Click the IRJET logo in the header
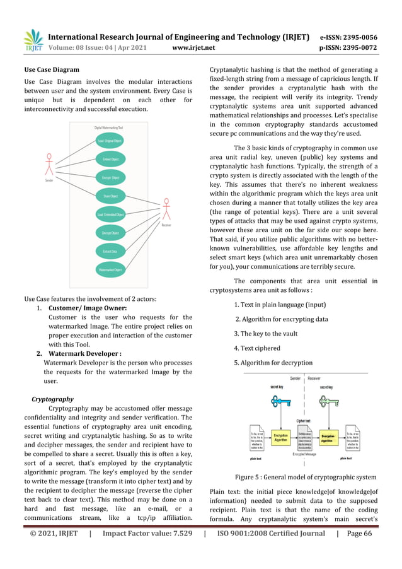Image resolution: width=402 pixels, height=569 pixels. click(x=32, y=40)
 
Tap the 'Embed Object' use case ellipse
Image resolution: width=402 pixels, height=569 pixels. click(x=111, y=159)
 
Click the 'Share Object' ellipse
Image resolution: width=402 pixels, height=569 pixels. click(x=111, y=196)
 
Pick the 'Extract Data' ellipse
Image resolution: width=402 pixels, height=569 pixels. click(x=110, y=252)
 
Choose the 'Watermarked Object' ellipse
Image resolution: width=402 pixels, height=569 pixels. click(x=110, y=270)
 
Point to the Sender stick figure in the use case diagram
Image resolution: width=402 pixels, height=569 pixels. click(x=49, y=165)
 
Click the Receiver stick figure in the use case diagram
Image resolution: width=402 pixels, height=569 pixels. click(x=166, y=211)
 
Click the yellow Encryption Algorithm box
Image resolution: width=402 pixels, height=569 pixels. click(x=281, y=437)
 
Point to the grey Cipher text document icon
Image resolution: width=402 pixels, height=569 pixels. click(x=305, y=437)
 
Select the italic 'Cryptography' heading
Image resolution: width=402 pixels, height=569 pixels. click(x=52, y=399)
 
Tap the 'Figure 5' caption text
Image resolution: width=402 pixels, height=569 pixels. click(x=306, y=478)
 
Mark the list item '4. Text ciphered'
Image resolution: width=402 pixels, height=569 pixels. click(x=256, y=348)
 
